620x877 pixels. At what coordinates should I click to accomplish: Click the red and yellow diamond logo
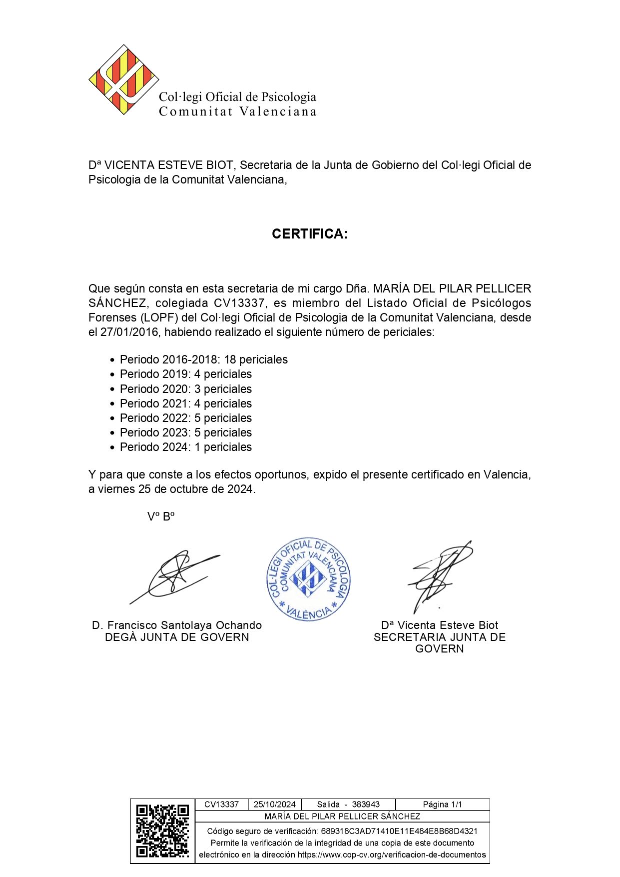[x=123, y=80]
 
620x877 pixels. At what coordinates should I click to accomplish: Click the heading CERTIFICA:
[x=309, y=234]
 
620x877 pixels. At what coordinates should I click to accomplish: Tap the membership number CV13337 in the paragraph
[x=239, y=303]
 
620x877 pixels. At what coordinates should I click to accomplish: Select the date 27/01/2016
[x=129, y=332]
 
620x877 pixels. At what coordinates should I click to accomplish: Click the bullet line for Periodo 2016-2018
[x=203, y=359]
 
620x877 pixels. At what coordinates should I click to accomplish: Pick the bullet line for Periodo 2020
[x=185, y=389]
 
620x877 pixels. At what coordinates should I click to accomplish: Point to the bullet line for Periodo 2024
[x=185, y=447]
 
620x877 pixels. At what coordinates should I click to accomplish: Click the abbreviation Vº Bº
[x=160, y=517]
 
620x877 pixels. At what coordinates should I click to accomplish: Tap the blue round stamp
[x=308, y=580]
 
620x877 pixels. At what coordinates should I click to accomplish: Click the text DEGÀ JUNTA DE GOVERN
[x=177, y=637]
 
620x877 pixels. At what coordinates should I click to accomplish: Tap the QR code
[x=162, y=831]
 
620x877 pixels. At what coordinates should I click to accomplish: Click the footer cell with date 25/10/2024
[x=275, y=804]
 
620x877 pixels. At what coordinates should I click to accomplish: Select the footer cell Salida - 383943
[x=348, y=804]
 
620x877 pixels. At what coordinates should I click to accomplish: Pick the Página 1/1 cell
[x=442, y=804]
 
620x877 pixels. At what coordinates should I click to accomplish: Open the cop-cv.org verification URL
[x=392, y=854]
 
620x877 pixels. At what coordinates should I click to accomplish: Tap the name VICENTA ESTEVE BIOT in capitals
[x=168, y=165]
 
